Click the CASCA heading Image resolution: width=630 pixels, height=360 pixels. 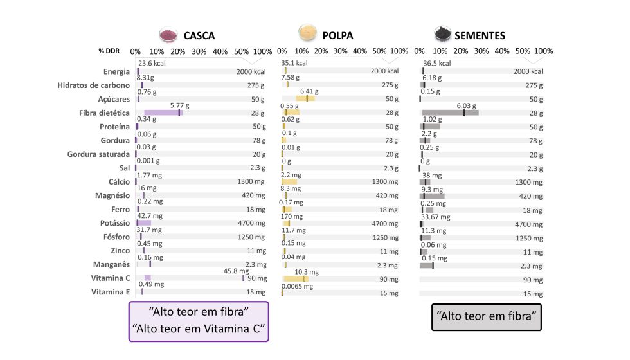click(x=199, y=35)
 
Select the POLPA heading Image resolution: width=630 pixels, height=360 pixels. click(x=337, y=35)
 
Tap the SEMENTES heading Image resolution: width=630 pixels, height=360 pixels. click(x=480, y=35)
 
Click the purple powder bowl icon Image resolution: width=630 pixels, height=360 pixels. click(x=168, y=34)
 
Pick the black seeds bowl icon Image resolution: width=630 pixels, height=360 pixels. click(x=442, y=33)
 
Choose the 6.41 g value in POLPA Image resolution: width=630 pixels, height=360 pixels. click(x=310, y=91)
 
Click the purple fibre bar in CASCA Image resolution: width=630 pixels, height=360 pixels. click(x=163, y=113)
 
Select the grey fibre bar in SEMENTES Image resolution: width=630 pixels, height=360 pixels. click(x=450, y=113)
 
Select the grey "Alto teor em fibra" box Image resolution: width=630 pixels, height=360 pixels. click(x=487, y=316)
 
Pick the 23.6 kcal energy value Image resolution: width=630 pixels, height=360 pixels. click(x=152, y=64)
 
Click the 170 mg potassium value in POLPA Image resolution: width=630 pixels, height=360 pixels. click(x=291, y=217)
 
